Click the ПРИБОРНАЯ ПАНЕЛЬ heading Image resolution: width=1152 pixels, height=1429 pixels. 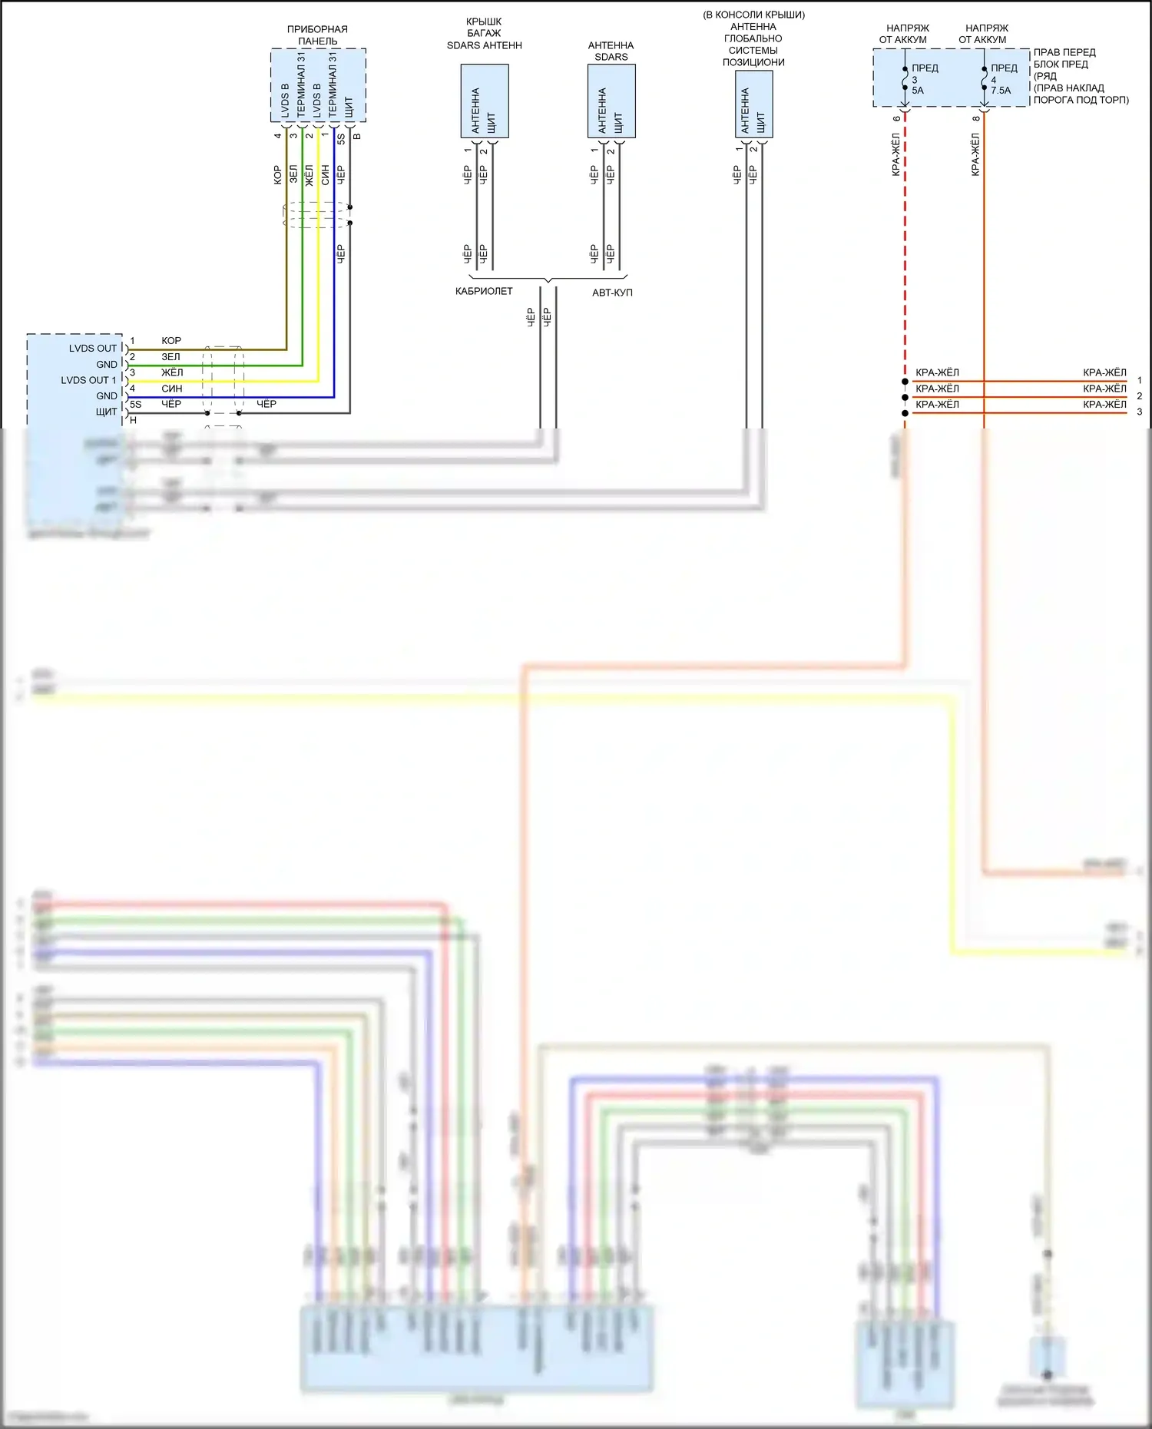point(317,35)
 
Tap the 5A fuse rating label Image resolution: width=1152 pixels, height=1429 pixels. point(918,91)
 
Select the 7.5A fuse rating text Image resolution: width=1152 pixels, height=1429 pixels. point(1001,91)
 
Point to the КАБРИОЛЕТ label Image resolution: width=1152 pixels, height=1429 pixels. point(484,292)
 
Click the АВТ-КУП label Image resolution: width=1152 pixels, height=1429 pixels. point(612,293)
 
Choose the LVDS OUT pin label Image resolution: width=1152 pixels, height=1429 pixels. point(93,349)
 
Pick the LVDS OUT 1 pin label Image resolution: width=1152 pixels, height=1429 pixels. point(89,380)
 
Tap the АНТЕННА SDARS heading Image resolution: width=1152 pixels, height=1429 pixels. point(611,51)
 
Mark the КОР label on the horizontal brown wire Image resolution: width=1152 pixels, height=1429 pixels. point(171,341)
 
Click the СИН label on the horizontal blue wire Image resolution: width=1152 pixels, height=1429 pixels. point(171,389)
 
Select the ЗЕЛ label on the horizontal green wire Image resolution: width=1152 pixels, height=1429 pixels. point(170,357)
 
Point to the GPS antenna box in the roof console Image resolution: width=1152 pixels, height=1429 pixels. point(753,104)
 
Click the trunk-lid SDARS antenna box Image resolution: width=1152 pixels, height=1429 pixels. point(484,101)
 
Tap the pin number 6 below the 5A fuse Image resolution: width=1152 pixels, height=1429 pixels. point(896,118)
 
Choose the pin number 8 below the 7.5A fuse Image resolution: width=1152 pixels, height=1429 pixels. point(976,118)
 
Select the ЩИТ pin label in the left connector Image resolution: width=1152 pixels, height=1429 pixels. point(107,412)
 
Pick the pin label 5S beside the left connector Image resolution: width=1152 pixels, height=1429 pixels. point(135,405)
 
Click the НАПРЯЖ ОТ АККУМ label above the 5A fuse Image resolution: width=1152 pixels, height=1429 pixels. point(904,34)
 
